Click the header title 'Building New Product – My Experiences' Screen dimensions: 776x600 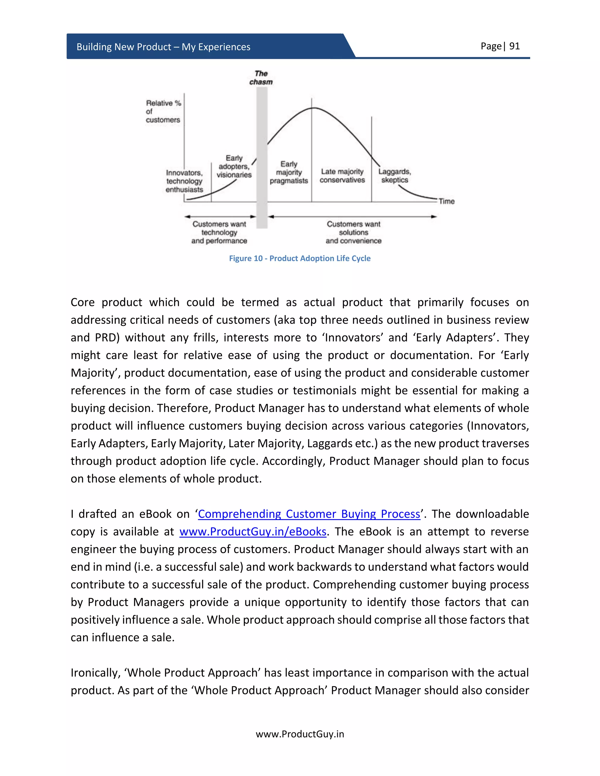pos(163,47)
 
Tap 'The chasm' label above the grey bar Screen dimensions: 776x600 pos(261,78)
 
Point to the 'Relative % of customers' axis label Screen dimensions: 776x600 pos(163,112)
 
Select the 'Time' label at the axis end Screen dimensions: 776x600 pos(446,201)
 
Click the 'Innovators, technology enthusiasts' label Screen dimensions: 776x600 pos(184,181)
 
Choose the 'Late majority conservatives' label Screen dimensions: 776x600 pos(342,176)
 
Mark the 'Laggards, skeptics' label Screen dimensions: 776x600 pos(395,176)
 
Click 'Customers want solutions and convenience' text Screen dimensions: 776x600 pos(353,233)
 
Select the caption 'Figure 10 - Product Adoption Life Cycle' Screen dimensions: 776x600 pos(300,258)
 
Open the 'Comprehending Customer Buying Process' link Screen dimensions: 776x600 pos(309,514)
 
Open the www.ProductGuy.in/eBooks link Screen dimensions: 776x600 pos(253,531)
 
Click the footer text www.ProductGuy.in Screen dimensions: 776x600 pos(300,734)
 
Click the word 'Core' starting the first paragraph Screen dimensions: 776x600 pos(82,302)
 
